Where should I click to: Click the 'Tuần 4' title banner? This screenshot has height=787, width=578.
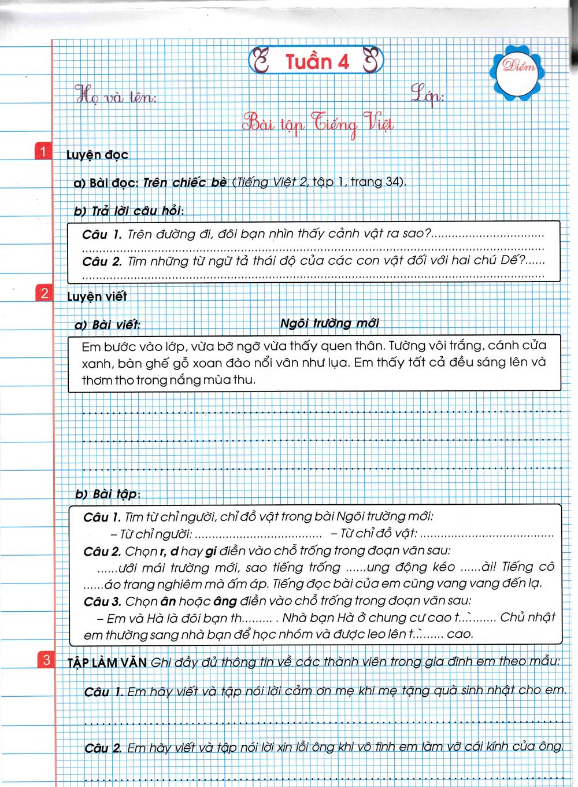click(316, 60)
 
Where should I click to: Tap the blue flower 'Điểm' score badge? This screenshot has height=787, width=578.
click(518, 71)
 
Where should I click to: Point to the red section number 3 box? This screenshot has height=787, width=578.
click(46, 660)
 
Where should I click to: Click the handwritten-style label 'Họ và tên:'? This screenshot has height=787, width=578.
click(116, 95)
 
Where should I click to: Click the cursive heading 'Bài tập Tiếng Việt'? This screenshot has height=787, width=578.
click(318, 124)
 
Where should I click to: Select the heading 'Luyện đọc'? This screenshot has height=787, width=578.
click(97, 155)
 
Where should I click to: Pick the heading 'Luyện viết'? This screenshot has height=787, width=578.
click(97, 297)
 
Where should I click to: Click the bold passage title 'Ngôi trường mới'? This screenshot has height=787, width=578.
click(329, 323)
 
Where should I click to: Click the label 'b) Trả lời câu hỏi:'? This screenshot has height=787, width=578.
click(129, 211)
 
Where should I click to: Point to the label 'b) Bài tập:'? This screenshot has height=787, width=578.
click(108, 494)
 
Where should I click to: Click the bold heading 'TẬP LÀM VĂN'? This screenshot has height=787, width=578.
click(107, 663)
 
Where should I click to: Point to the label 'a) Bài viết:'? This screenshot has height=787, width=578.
click(108, 325)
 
